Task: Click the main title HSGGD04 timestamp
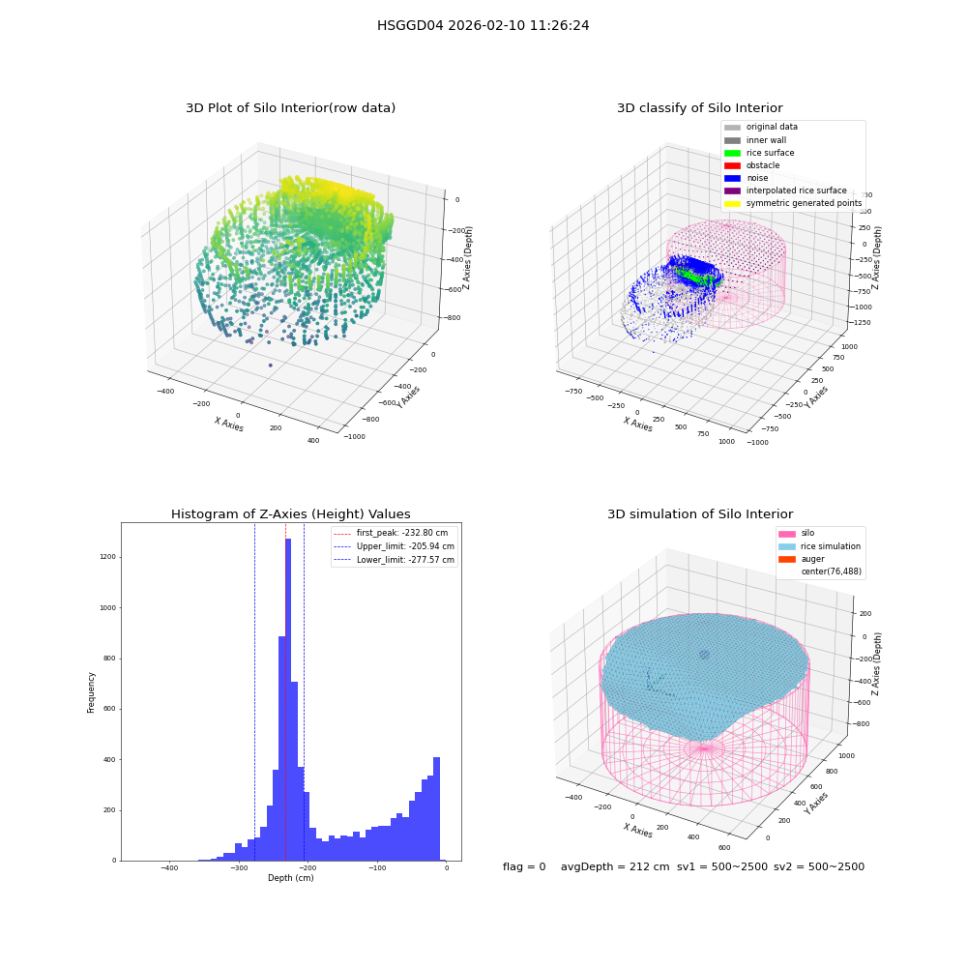[x=483, y=25]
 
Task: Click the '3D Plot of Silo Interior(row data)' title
[x=290, y=108]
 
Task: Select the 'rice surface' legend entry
[x=759, y=153]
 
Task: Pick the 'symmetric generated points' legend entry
[x=793, y=203]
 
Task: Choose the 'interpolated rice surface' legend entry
[x=785, y=190]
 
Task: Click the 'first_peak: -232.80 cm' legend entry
[x=391, y=533]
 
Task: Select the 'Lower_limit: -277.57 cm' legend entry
[x=395, y=560]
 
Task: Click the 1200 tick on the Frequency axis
[x=108, y=557]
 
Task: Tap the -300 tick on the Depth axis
[x=239, y=867]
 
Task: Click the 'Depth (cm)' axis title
[x=291, y=878]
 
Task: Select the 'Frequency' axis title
[x=91, y=692]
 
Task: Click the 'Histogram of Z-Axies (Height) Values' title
[x=290, y=514]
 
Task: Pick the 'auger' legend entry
[x=802, y=559]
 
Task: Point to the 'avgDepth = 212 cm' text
[x=615, y=866]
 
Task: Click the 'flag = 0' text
[x=524, y=866]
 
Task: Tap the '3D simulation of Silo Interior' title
[x=700, y=514]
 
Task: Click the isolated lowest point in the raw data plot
[x=270, y=366]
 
